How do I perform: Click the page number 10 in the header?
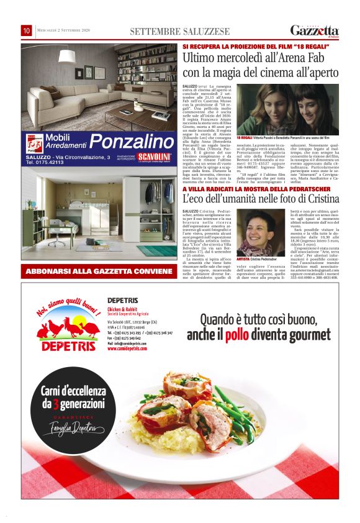[27, 30]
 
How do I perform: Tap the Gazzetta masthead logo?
[314, 30]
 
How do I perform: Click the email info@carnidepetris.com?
[130, 343]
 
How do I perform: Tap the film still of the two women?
[287, 109]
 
